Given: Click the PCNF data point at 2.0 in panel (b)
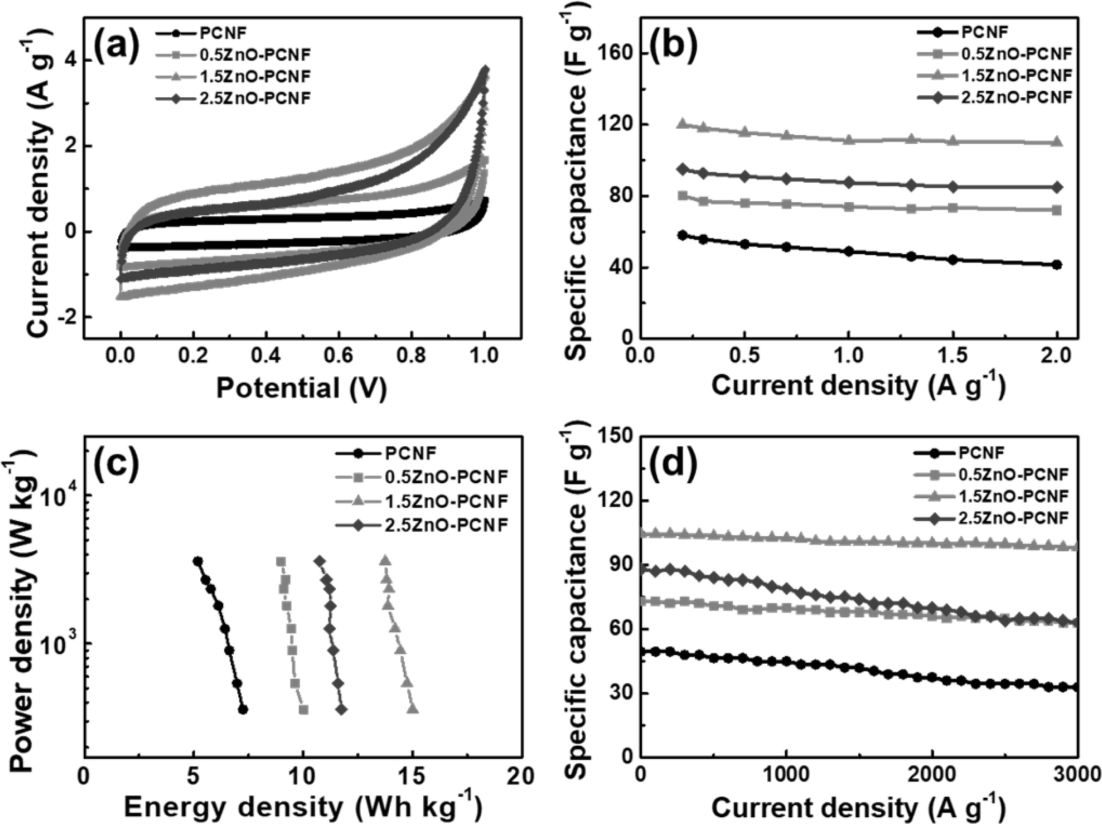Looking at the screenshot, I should (x=1057, y=265).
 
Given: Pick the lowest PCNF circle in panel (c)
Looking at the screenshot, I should (x=243, y=709).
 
